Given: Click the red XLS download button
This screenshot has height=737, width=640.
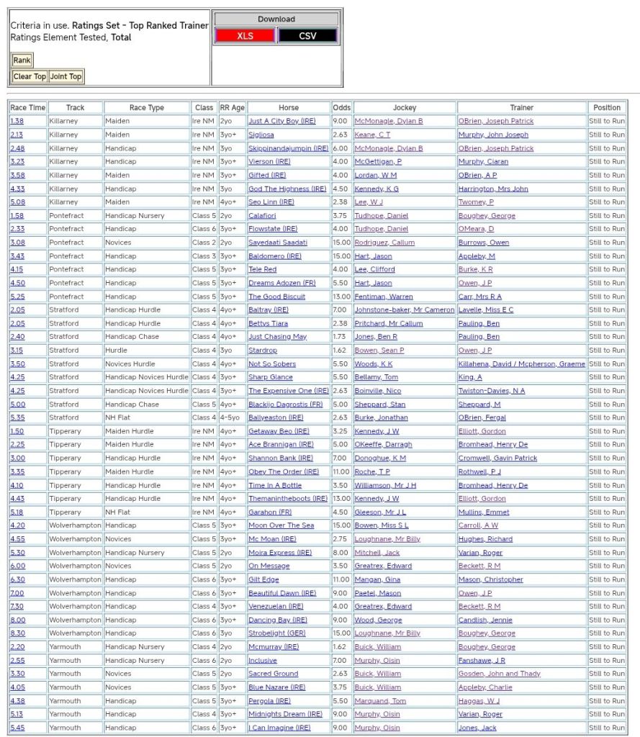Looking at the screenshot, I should (x=245, y=36).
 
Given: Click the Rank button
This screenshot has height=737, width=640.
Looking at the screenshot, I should (x=22, y=60).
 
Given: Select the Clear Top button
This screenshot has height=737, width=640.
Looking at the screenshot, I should (x=30, y=76).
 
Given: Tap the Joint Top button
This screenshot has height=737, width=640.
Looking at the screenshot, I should (x=66, y=76).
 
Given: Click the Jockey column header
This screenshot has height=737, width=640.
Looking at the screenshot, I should (x=405, y=107).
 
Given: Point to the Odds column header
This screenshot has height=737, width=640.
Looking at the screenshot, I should (x=341, y=107).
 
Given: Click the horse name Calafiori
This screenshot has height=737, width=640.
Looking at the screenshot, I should (x=262, y=215).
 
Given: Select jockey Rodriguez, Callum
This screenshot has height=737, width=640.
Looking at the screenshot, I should (x=384, y=243).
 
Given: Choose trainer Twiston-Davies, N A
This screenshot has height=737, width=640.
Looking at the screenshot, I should (x=492, y=391).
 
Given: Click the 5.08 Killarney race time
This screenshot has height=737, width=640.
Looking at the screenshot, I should (x=17, y=202).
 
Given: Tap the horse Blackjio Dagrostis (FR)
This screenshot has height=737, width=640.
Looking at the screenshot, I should (x=286, y=404).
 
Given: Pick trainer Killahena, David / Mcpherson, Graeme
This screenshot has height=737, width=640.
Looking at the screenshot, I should (x=521, y=364).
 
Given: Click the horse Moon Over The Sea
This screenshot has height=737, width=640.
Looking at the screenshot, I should (x=281, y=525).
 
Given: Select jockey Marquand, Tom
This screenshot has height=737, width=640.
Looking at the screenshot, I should (x=379, y=701).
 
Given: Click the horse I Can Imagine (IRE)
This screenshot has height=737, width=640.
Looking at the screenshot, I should (x=279, y=728).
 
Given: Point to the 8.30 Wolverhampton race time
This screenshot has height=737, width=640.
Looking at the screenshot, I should (x=17, y=633).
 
